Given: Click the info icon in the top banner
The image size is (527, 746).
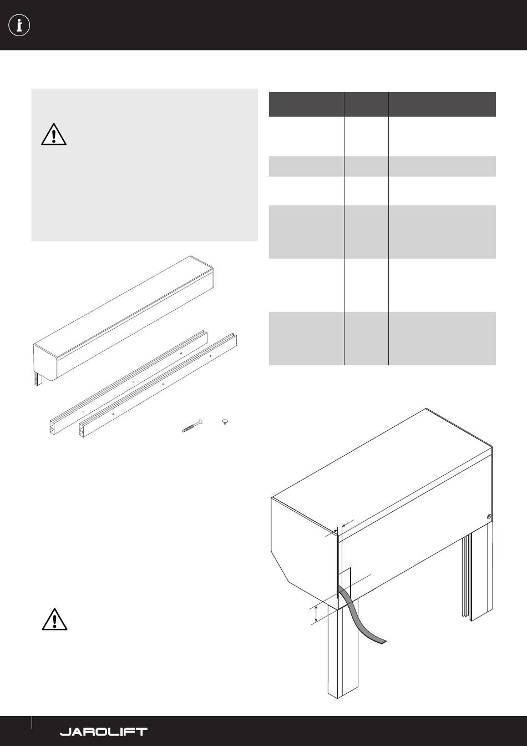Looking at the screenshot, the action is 19,26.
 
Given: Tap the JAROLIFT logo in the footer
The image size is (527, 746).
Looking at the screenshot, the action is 104,732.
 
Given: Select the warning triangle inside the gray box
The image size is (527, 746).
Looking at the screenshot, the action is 54,134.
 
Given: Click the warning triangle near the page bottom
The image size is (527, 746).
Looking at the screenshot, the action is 54,619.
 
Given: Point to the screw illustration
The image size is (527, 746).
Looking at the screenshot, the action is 192,426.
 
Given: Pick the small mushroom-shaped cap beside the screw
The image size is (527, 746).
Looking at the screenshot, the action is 225,422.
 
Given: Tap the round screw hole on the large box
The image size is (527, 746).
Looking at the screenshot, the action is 488,517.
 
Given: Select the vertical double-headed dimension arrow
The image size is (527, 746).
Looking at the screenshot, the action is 316,614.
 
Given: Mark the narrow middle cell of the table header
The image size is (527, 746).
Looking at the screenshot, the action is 366,104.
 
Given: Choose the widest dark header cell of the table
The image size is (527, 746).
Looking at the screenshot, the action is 443,104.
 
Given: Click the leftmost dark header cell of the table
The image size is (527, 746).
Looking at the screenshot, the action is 306,104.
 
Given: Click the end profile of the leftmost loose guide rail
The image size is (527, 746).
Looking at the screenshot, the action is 52,427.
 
